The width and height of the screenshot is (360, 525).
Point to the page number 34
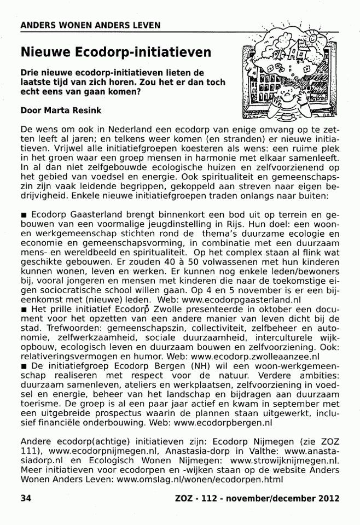(25, 498)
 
